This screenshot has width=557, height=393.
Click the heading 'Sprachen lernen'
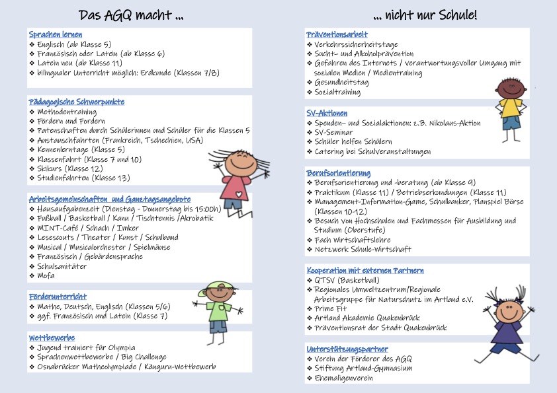pos(56,34)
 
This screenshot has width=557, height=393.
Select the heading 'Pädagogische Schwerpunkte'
pos(77,102)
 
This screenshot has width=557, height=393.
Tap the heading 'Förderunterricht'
pos(58,297)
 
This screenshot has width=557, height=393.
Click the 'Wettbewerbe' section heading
pos(52,338)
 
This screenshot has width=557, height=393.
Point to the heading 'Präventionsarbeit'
pos(337,34)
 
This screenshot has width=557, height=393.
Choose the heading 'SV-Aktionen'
pos(327,113)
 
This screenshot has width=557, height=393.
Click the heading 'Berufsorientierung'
pos(339,172)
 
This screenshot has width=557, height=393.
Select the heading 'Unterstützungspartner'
pos(347,348)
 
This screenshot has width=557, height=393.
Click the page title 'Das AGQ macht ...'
pos(131,15)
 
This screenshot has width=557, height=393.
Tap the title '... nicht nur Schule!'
pos(425,15)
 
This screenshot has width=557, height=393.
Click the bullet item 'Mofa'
pos(46,275)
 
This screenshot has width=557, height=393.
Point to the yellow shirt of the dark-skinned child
pos(510,107)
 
